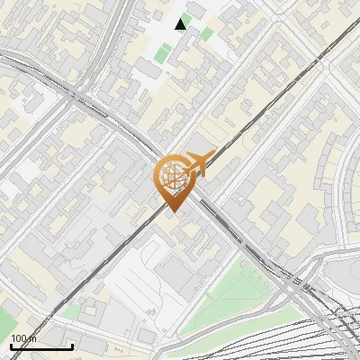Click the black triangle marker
tap(182, 24)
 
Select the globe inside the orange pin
tap(172, 176)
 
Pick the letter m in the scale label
tap(34, 338)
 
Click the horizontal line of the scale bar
tap(41, 346)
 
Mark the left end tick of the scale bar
tap(11, 344)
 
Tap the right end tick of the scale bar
tap(72, 344)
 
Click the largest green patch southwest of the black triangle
tap(162, 53)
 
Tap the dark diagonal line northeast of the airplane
tap(270, 99)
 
